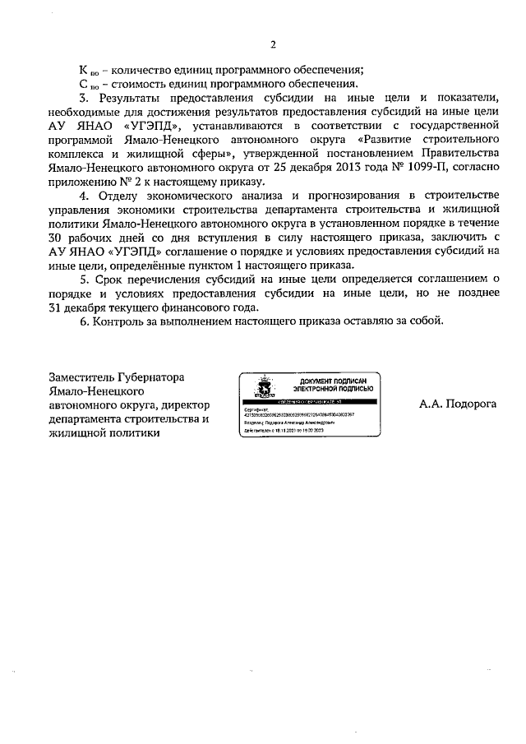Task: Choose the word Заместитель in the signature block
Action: tap(89, 377)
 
